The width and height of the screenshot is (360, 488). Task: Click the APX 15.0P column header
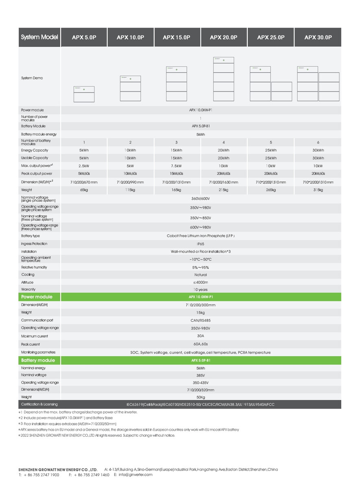tap(177, 37)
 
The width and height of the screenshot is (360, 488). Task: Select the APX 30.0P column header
tap(318, 37)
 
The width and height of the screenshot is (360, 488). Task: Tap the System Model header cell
tap(39, 37)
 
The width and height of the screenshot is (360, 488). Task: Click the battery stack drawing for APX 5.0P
tap(84, 94)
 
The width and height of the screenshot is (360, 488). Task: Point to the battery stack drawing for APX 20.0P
tap(224, 79)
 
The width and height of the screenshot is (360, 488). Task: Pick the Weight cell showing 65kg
tap(84, 190)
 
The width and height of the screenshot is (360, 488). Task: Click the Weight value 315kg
tap(318, 190)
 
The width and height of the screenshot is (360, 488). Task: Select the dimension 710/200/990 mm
tap(130, 182)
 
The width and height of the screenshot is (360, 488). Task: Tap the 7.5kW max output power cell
tap(177, 166)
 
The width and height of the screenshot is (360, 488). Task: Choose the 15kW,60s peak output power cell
tap(177, 174)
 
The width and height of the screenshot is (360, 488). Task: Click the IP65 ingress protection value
tap(201, 244)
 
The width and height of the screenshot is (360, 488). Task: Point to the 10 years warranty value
tap(201, 290)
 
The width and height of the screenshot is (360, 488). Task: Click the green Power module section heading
tap(37, 297)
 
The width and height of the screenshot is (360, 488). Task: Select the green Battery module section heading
tap(38, 360)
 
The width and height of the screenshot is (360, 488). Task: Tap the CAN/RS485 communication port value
tap(201, 320)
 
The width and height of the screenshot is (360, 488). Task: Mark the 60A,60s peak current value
tap(201, 344)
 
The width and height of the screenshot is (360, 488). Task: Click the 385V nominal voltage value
tap(201, 375)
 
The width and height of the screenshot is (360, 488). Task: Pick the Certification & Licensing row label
tap(39, 404)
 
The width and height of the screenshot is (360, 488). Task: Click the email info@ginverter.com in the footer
tap(136, 475)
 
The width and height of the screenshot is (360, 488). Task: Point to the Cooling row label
tap(28, 274)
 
